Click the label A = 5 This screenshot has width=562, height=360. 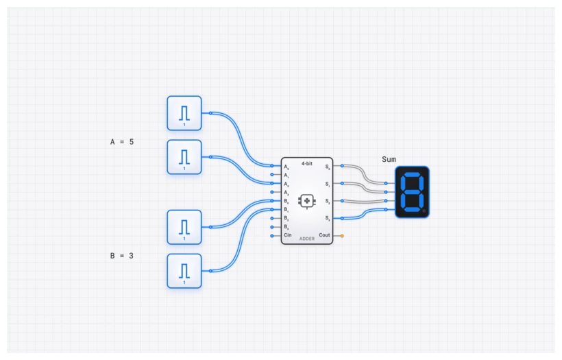[122, 142]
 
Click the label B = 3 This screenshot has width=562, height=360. [122, 256]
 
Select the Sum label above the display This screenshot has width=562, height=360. [389, 159]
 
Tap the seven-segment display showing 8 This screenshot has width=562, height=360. [412, 192]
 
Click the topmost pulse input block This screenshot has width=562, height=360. [184, 113]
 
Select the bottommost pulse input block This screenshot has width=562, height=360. [184, 271]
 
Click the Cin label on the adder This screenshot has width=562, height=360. [288, 235]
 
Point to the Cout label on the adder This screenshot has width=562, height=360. [324, 235]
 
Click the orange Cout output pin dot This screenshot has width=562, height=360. [342, 235]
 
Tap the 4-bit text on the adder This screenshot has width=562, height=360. [307, 163]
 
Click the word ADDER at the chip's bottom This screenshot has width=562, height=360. [307, 239]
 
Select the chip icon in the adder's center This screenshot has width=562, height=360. [307, 201]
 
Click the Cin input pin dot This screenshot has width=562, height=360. [272, 235]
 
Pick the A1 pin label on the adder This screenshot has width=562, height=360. [286, 176]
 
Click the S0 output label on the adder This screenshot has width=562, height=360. [328, 167]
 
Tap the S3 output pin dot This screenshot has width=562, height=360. [342, 218]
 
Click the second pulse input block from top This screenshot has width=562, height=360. [184, 157]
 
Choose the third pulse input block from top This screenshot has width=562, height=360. [184, 227]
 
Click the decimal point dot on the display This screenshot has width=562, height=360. [424, 211]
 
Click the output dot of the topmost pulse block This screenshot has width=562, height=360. [210, 113]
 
